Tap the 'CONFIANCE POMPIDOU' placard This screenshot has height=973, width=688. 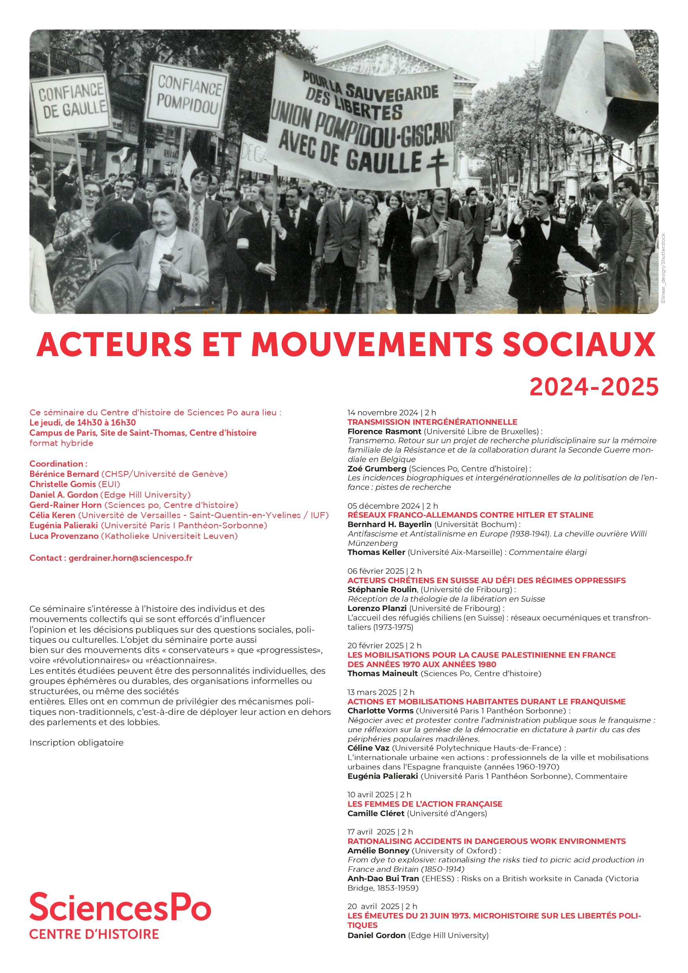[187, 95]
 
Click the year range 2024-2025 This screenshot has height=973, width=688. [593, 387]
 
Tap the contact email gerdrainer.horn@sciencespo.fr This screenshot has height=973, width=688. [130, 558]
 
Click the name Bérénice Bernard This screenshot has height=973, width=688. [64, 474]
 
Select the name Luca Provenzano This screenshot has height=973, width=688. [64, 536]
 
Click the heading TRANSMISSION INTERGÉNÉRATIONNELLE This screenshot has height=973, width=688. [432, 422]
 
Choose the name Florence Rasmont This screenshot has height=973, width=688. [384, 431]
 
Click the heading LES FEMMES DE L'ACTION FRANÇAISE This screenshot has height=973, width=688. [424, 804]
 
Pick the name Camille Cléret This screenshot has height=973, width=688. [376, 813]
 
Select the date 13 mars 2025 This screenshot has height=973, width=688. [372, 692]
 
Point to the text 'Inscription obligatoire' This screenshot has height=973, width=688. [76, 742]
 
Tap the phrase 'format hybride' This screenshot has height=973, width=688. [61, 443]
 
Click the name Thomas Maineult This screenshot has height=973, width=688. [382, 673]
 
